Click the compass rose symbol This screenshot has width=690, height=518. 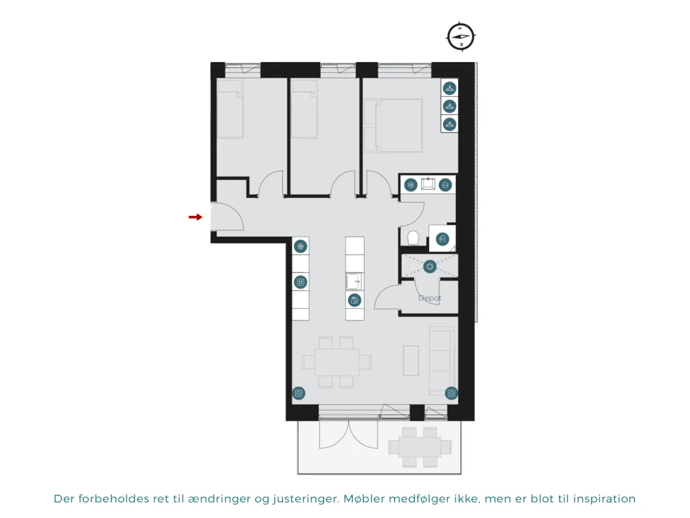tap(461, 36)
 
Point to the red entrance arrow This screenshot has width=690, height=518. tap(195, 217)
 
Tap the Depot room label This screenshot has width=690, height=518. tap(430, 298)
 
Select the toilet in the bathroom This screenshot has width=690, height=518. tap(413, 239)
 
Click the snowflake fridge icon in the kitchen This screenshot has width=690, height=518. tap(300, 246)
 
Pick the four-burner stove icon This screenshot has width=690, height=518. tap(300, 282)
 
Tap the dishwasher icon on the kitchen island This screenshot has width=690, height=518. tap(354, 300)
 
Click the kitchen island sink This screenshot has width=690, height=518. tap(354, 281)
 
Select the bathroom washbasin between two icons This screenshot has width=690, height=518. tap(428, 184)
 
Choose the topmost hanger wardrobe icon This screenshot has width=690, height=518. tap(449, 88)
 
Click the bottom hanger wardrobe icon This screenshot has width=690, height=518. tap(449, 124)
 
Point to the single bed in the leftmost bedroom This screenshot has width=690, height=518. tap(230, 109)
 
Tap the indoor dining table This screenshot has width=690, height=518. tap(337, 362)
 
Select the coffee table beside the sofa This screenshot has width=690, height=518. tap(411, 361)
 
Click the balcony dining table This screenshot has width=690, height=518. tap(420, 447)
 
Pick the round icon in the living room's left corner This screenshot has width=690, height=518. tap(299, 393)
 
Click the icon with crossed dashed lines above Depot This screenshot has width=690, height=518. tap(430, 266)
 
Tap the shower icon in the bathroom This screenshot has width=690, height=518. tap(442, 239)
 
